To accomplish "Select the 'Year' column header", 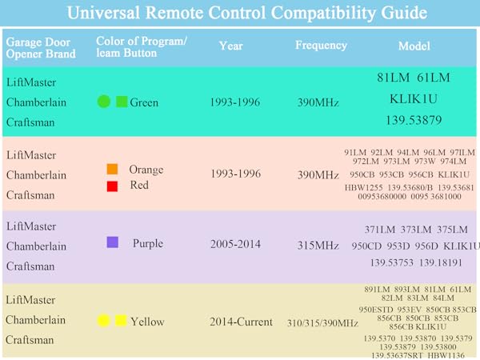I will pyautogui.click(x=231, y=46).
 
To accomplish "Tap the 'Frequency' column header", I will pyautogui.click(x=320, y=46).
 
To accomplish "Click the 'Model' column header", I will pyautogui.click(x=414, y=46).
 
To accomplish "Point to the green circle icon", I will pyautogui.click(x=103, y=102).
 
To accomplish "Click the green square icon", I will pyautogui.click(x=122, y=102).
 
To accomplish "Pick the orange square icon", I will pyautogui.click(x=112, y=169).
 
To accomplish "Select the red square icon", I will pyautogui.click(x=112, y=186).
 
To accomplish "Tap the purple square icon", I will pyautogui.click(x=113, y=242).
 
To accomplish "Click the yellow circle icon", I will pyautogui.click(x=103, y=321).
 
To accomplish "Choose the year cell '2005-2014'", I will pyautogui.click(x=235, y=244).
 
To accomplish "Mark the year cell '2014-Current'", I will pyautogui.click(x=240, y=322).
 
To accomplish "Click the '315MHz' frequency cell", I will pyautogui.click(x=317, y=245).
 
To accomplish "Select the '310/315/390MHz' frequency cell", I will pyautogui.click(x=322, y=322).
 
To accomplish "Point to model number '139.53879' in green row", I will pyautogui.click(x=414, y=120).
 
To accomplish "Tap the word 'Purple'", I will pyautogui.click(x=148, y=243).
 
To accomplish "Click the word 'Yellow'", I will pyautogui.click(x=147, y=322).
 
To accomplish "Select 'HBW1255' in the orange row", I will pyautogui.click(x=362, y=186).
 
